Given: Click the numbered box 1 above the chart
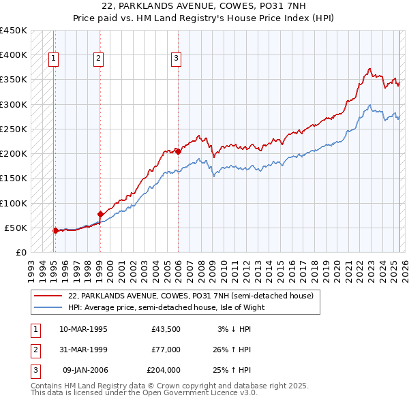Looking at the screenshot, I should coord(53,59).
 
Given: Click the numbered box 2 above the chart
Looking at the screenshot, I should coord(98,59).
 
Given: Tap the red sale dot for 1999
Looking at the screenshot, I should coord(100,214).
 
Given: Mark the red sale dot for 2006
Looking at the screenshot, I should coord(178,151).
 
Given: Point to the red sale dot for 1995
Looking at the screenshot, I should coord(55,230).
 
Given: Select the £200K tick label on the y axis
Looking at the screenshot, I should coord(13,154).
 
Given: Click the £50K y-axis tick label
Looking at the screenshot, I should coord(16,228).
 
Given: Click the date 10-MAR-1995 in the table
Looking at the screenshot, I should coord(83,329).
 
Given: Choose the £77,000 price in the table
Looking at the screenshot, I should coord(166,350).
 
